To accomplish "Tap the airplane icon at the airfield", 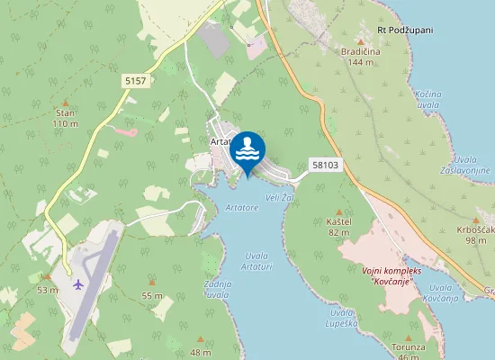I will [x=78, y=284].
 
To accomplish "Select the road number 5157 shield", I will [x=135, y=81].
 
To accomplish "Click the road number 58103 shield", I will [x=326, y=165].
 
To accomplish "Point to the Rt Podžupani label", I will [x=405, y=30].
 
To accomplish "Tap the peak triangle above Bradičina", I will [x=361, y=41].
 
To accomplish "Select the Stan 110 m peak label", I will [x=65, y=118].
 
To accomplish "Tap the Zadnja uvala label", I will [x=218, y=289].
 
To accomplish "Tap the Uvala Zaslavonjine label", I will [x=464, y=165].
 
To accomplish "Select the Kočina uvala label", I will [x=428, y=99].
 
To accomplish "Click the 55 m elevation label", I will [x=152, y=295].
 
